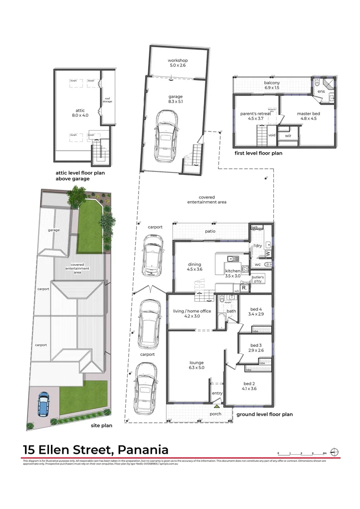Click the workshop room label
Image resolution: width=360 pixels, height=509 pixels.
tap(178, 63)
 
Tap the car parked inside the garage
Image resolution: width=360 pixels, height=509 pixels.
tap(166, 136)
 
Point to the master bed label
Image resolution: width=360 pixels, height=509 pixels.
tap(307, 116)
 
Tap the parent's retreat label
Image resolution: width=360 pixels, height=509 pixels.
tap(256, 116)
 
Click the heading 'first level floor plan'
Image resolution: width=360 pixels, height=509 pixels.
tap(258, 153)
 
